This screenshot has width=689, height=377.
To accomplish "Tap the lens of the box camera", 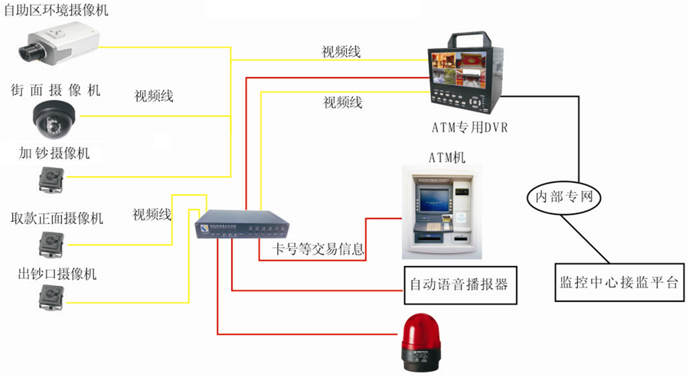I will point(29,51).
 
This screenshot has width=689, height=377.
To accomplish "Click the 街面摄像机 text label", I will point(55,90).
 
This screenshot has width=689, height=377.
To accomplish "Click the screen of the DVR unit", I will point(457,72).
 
